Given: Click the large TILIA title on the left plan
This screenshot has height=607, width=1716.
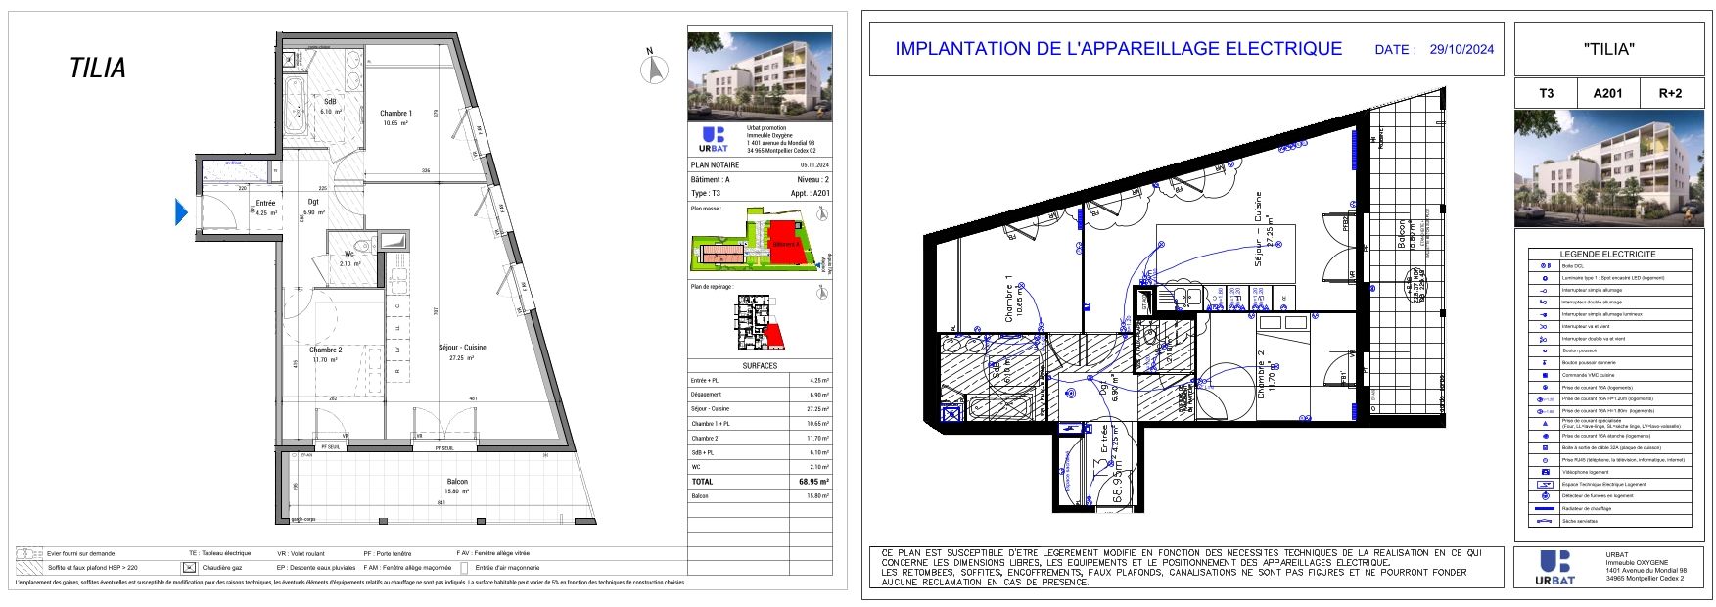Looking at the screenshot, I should click(x=98, y=69).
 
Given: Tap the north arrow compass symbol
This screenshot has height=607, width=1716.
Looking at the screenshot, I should click(x=653, y=69).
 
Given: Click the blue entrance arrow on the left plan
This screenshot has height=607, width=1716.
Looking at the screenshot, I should click(x=181, y=211).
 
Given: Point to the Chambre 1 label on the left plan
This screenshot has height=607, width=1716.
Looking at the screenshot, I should click(x=396, y=114).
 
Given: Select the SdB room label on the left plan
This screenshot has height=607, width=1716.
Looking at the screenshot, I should click(x=331, y=102).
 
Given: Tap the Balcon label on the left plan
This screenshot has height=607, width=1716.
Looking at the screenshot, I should click(x=457, y=482).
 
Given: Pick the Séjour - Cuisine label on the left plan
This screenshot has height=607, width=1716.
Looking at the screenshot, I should click(x=462, y=348).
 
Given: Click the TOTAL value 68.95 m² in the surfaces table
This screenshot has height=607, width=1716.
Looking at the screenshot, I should click(x=813, y=482).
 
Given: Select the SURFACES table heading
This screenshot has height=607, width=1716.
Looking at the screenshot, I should click(x=760, y=366).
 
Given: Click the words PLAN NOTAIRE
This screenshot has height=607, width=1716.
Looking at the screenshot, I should click(x=716, y=165).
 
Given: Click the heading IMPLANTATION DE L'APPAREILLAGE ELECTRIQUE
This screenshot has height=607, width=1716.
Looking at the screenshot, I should click(x=1119, y=49).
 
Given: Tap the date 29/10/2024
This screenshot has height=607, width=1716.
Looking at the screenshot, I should click(x=1461, y=49).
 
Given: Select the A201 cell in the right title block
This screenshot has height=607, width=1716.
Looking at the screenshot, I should click(x=1608, y=93).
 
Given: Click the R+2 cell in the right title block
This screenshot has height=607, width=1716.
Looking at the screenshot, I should click(x=1670, y=93).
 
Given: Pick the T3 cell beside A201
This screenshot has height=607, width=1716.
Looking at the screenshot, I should click(x=1547, y=93).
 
